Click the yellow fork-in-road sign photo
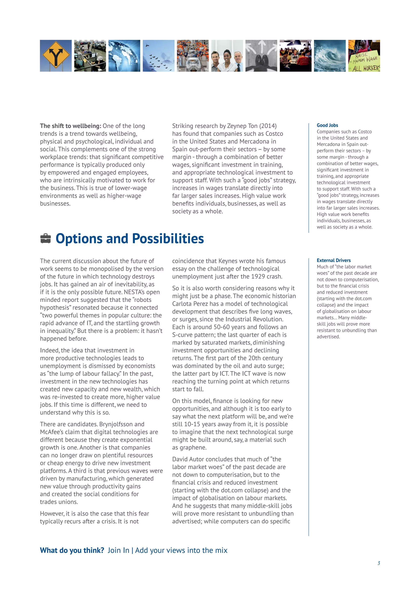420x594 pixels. click(x=56, y=56)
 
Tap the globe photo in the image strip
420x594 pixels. click(x=124, y=56)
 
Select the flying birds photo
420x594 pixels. click(x=159, y=56)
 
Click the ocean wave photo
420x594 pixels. click(x=330, y=56)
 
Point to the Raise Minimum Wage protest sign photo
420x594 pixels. click(x=364, y=56)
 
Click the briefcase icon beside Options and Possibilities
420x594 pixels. click(x=46, y=239)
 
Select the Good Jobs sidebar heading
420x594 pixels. click(x=328, y=125)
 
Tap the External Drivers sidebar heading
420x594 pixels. click(x=334, y=260)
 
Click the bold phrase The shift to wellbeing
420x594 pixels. click(x=70, y=126)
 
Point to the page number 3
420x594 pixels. click(x=379, y=563)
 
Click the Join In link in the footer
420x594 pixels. click(x=118, y=550)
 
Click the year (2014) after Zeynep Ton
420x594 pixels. click(x=268, y=126)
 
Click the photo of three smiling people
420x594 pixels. click(x=227, y=56)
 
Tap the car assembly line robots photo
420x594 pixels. click(x=193, y=56)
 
